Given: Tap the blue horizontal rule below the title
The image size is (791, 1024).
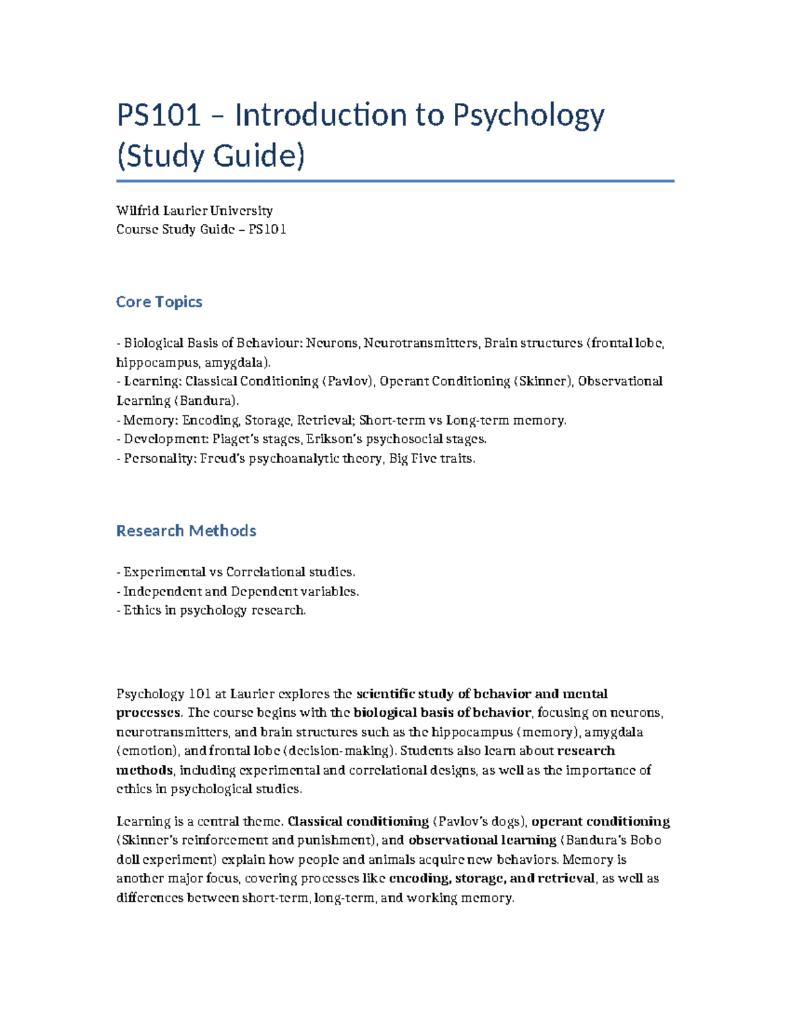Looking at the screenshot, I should tap(395, 181).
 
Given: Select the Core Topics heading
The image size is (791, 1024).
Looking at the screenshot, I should tap(159, 302).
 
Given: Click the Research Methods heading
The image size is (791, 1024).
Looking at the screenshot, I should tap(186, 531).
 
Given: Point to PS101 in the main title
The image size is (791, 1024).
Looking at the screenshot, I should tap(159, 116).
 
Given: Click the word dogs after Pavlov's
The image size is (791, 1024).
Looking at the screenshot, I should tap(506, 822).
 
